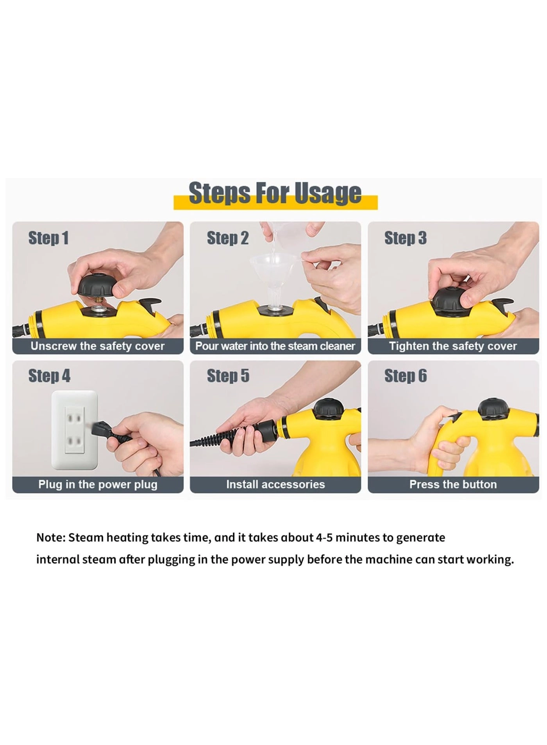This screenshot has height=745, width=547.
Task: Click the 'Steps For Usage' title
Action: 275,193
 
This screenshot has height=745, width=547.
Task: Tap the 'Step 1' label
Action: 48,238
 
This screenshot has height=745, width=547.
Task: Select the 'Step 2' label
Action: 227,238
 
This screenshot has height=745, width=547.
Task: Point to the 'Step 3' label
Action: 405,238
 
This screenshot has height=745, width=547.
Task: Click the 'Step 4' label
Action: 49,376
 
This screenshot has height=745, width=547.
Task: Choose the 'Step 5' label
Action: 228,376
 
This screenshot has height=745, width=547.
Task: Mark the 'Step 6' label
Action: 406,376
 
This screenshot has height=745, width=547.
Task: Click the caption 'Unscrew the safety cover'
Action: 98,346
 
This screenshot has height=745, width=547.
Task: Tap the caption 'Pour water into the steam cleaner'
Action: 275,346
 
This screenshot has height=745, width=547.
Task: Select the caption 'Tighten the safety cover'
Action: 453,346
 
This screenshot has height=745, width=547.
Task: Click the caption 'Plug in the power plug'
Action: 98,484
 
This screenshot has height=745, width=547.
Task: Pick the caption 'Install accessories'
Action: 275,484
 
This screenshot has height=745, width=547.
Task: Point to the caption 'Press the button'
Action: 453,484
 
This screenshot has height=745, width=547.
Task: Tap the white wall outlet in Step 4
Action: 74,429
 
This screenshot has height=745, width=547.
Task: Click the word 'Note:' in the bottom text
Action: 51,538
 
